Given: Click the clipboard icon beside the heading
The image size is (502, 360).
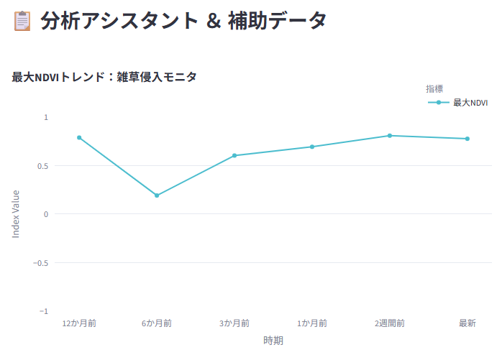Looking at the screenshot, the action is tap(22, 21).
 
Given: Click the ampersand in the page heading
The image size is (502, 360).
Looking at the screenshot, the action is tap(214, 21).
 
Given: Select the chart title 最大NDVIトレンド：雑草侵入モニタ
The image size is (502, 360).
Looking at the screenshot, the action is tap(104, 77).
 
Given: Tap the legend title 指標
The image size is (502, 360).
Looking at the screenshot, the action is tap(434, 88).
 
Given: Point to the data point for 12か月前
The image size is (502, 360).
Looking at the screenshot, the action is tap(79, 137).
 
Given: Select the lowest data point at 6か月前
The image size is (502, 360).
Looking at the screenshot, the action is tap(157, 195).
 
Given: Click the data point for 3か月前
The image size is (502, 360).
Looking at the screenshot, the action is tap(234, 155).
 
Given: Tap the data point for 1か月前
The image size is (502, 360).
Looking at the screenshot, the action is tap(312, 147).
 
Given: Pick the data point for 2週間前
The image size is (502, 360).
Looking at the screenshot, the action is tap(390, 136).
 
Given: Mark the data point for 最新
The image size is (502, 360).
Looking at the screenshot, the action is tap(467, 139).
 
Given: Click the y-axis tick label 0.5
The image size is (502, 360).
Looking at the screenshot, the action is tap(42, 166).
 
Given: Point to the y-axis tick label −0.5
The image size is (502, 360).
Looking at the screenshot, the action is tap(41, 263).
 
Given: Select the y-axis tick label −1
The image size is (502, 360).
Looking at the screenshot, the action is tap(44, 311).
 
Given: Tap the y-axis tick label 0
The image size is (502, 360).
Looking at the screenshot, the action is tap(46, 214).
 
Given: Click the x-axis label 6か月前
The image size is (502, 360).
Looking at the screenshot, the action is tap(157, 323).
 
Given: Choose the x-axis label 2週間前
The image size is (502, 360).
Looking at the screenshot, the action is tap(390, 323).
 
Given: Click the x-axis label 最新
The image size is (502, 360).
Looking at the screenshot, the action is tap(467, 323).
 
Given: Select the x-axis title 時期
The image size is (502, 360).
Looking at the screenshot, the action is tap(273, 340).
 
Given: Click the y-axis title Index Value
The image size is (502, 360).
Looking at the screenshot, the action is tap(16, 214).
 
